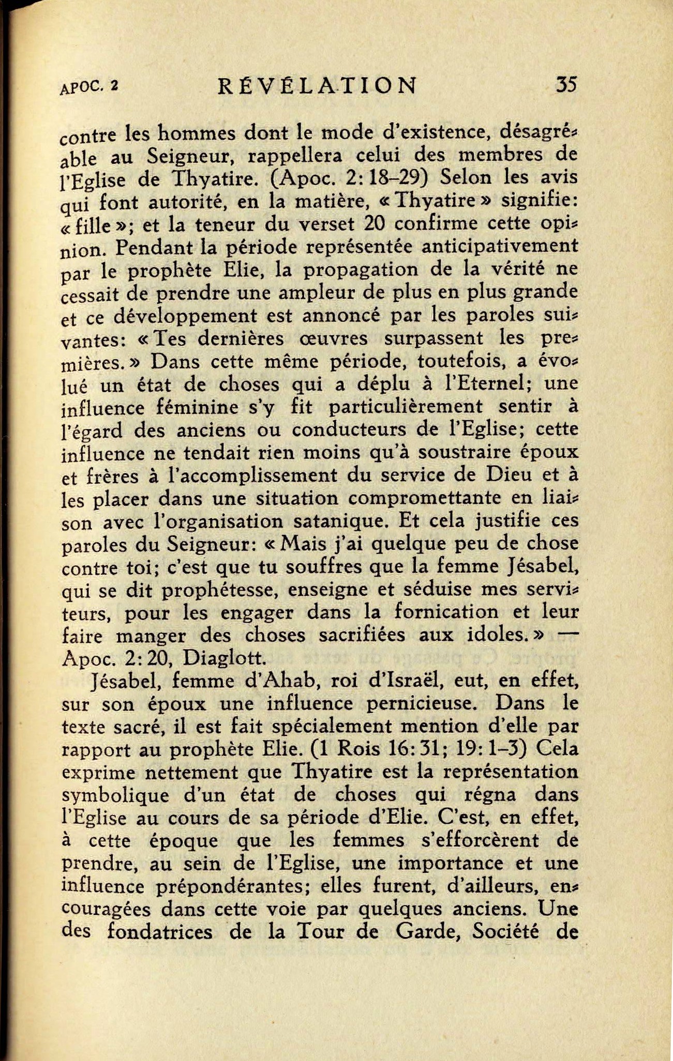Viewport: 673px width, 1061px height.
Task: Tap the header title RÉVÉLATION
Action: [x=317, y=86]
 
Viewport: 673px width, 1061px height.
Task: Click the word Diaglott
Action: [x=225, y=658]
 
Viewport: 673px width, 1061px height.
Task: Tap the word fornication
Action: [x=446, y=612]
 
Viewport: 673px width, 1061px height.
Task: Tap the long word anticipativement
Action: [x=500, y=246]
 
